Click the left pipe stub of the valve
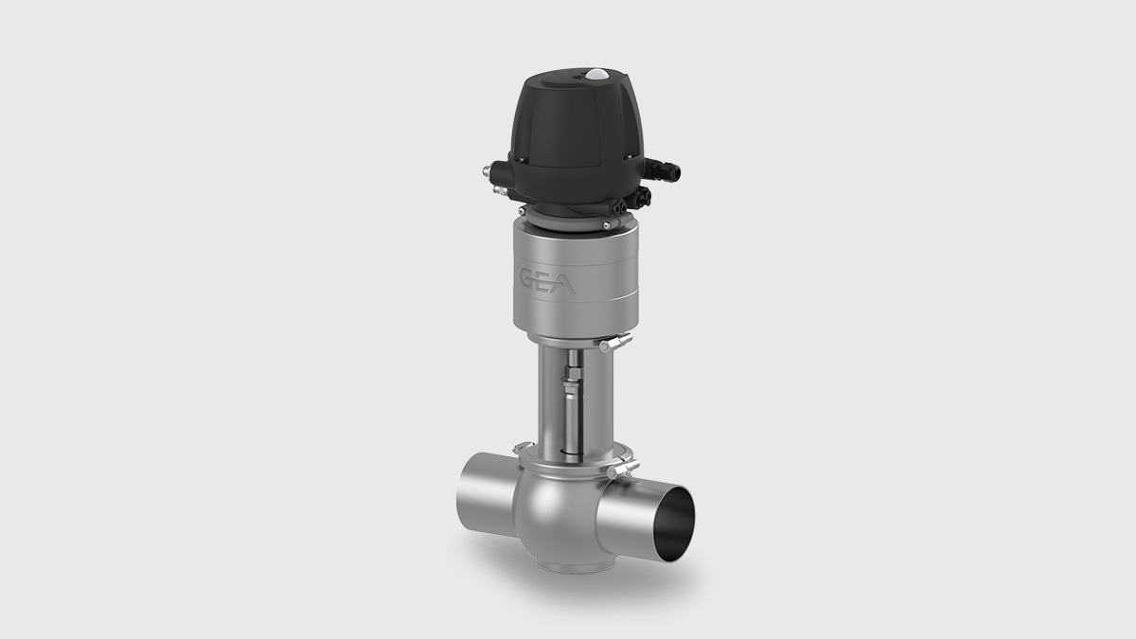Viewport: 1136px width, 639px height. [478, 491]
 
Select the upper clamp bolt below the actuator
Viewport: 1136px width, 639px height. [616, 342]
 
